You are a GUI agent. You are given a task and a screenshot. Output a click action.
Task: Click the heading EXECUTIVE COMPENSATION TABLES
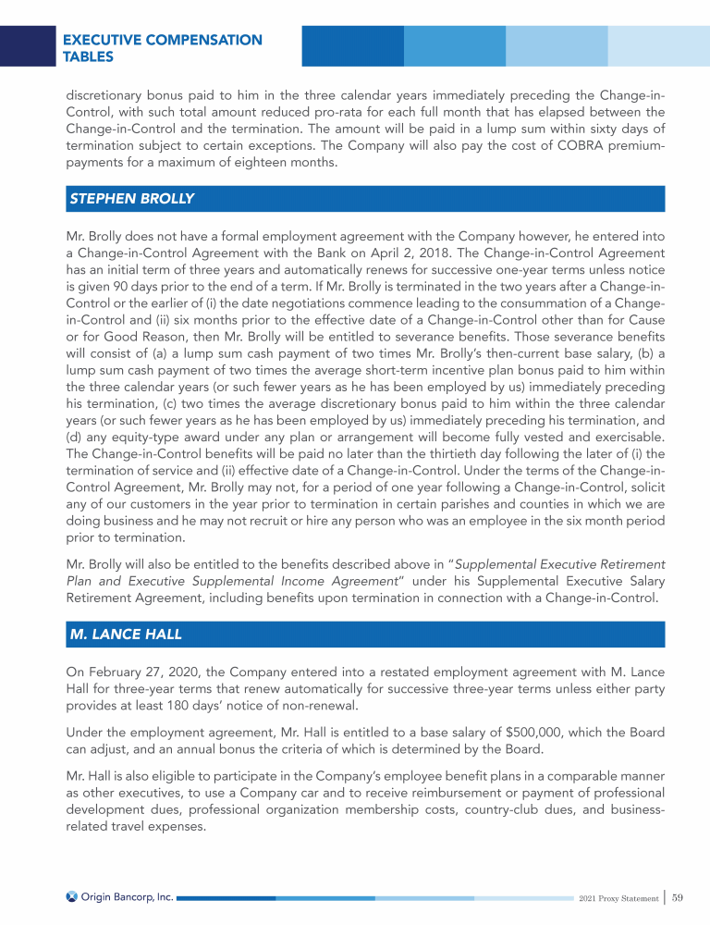pyautogui.click(x=161, y=48)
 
